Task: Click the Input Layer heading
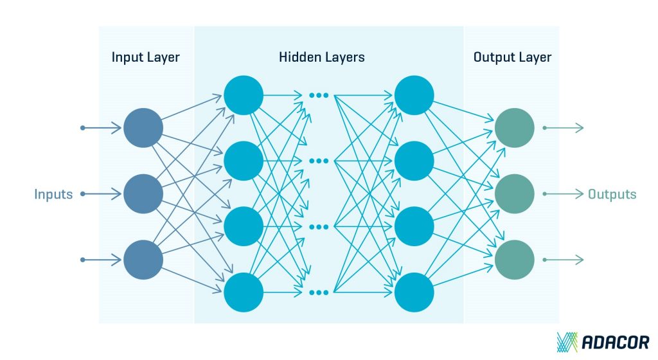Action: tap(145, 57)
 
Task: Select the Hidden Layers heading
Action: tap(321, 57)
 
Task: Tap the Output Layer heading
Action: tap(512, 57)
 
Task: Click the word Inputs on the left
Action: tap(53, 194)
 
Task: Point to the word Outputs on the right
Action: tap(612, 194)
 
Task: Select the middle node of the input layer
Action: tap(143, 194)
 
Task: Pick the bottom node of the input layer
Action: tap(143, 259)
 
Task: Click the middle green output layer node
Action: tap(514, 194)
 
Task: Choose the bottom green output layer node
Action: tap(514, 259)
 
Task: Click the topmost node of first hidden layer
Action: tap(244, 95)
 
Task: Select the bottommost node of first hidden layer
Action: tap(244, 292)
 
